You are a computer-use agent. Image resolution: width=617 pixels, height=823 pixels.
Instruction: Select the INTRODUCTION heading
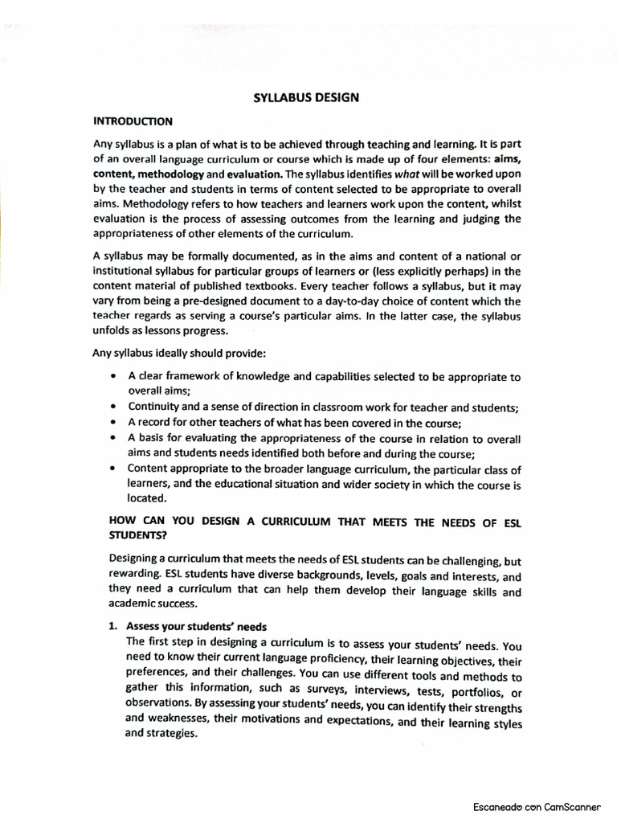[133, 121]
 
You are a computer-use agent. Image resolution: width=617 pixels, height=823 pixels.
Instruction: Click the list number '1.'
[113, 626]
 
